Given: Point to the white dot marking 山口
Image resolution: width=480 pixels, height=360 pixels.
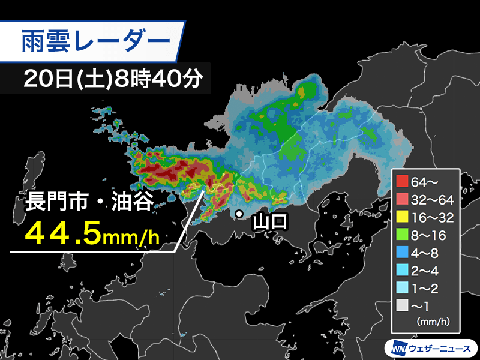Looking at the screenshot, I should click(239, 214).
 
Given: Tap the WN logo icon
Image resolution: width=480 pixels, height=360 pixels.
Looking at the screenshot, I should click(399, 347).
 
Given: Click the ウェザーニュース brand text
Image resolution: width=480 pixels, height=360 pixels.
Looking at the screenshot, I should click(441, 347).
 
